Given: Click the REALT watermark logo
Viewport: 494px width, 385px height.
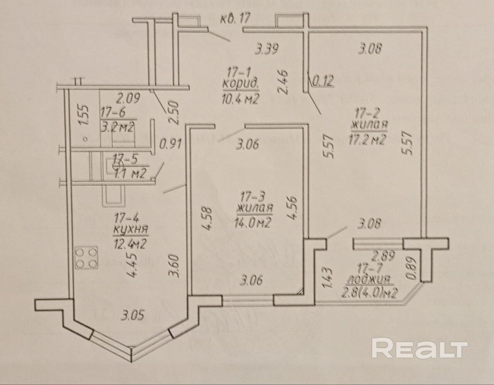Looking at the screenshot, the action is (419, 348).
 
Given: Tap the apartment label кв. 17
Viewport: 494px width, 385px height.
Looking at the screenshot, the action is (235, 18).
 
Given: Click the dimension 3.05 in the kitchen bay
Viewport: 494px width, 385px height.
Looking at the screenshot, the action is (132, 316).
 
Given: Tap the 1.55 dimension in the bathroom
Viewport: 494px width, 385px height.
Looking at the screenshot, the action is (84, 115).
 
